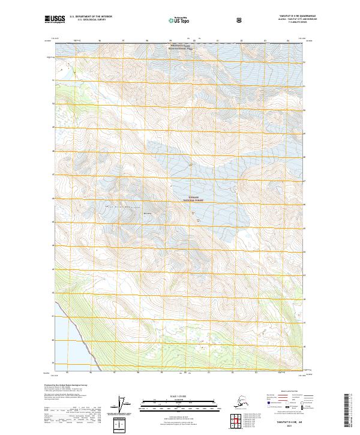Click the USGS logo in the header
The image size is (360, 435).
[54, 20]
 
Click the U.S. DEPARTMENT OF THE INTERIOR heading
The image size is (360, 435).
[92, 17]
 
